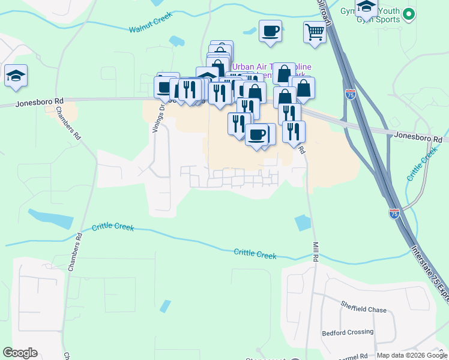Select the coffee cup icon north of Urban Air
pyautogui.click(x=270, y=31)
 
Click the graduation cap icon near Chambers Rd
pyautogui.click(x=16, y=76)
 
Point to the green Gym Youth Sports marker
pyautogui.click(x=409, y=13)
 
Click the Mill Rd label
pyautogui.click(x=315, y=251)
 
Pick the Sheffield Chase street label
pyautogui.click(x=364, y=310)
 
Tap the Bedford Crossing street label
pyautogui.click(x=348, y=332)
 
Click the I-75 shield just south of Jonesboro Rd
pyautogui.click(x=351, y=94)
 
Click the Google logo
pyautogui.click(x=20, y=353)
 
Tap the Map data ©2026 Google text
pyautogui.click(x=411, y=355)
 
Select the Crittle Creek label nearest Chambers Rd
pyautogui.click(x=113, y=227)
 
